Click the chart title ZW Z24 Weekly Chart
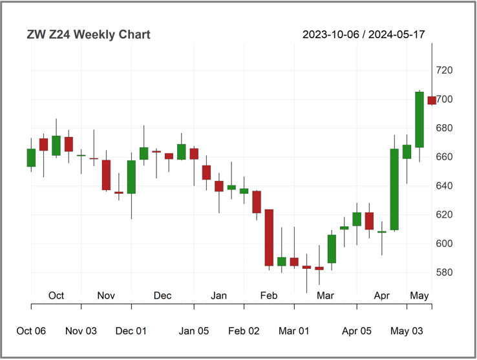(x=89, y=34)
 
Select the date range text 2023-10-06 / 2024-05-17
(x=363, y=34)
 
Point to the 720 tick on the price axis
(x=444, y=70)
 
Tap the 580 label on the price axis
(x=444, y=272)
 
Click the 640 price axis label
(x=444, y=185)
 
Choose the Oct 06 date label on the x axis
(x=31, y=331)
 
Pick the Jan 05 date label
(x=194, y=331)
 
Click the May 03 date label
(x=407, y=331)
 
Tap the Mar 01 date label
(x=294, y=331)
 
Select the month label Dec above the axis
(x=162, y=295)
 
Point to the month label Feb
(x=269, y=295)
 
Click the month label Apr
(x=382, y=295)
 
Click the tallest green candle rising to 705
(x=419, y=120)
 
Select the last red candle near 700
(x=432, y=100)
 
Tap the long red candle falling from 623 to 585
(x=270, y=238)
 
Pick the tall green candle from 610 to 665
(x=394, y=189)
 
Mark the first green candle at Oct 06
(x=31, y=158)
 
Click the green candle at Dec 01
(x=131, y=177)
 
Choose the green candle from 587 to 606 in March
(x=332, y=249)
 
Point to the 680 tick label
(x=444, y=128)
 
